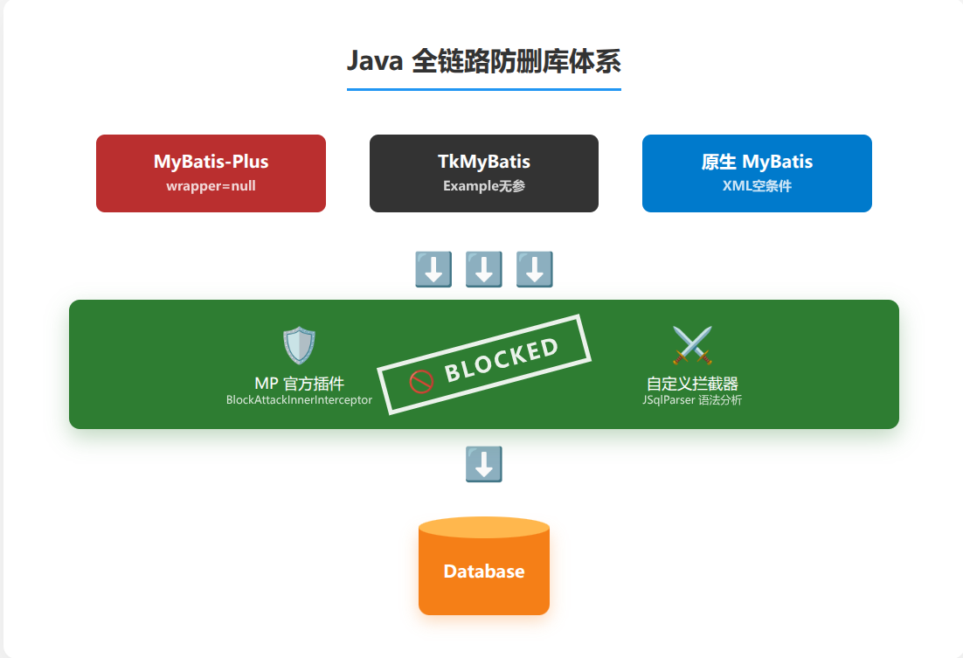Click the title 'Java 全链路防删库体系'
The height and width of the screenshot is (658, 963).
[x=483, y=63]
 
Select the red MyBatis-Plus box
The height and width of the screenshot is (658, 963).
[x=211, y=173]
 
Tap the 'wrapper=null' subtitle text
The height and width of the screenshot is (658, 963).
[x=211, y=186]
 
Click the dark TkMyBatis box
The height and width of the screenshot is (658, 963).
[x=483, y=173]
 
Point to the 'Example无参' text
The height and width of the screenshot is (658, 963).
[x=483, y=186]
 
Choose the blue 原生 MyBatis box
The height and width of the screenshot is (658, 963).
[x=757, y=173]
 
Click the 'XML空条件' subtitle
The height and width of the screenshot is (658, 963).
[x=757, y=186]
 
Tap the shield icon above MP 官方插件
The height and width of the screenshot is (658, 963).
[x=299, y=346]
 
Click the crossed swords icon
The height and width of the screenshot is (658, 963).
[x=692, y=346]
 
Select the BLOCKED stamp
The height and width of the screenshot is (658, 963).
[x=484, y=364]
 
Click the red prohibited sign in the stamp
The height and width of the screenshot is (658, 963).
[x=421, y=381]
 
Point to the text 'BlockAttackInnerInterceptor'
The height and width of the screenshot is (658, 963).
[x=299, y=400]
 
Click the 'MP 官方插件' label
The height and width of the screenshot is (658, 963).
[x=299, y=384]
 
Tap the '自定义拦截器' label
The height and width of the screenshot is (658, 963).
[x=692, y=384]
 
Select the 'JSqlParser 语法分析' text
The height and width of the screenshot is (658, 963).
[x=692, y=400]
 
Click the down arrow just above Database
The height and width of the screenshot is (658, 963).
[x=483, y=465]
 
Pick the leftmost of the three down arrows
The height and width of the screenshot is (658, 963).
[x=433, y=270]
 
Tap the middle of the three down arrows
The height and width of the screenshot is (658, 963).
[x=483, y=270]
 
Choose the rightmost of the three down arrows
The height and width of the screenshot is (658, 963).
[x=534, y=270]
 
